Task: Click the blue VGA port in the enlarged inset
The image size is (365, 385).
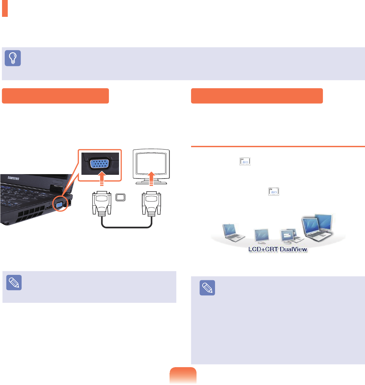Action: [x=98, y=166]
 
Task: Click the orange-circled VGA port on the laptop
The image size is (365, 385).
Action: [x=59, y=204]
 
